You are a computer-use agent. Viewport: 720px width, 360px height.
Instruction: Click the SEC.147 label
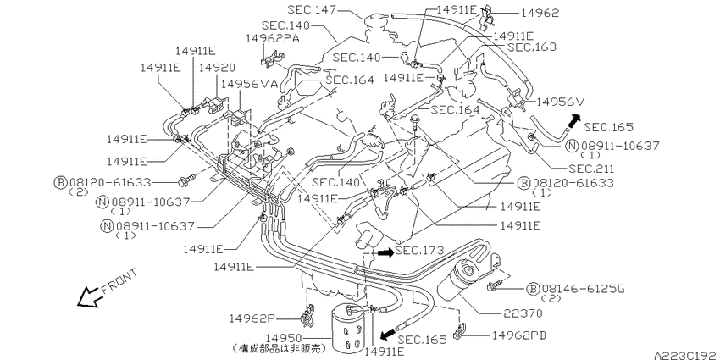click(x=313, y=9)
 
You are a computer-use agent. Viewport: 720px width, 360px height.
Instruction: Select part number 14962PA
click(x=272, y=38)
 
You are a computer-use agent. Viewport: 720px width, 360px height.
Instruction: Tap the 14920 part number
click(x=217, y=68)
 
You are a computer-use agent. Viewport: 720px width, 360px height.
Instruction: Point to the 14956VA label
click(x=249, y=84)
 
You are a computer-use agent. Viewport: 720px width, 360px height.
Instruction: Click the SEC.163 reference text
click(x=532, y=47)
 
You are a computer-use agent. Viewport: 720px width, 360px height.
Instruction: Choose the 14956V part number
click(x=560, y=102)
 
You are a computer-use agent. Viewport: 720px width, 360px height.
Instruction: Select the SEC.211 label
click(x=591, y=169)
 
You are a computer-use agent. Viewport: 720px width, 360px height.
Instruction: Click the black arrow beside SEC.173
click(x=385, y=252)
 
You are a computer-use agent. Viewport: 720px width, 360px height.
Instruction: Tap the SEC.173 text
click(x=419, y=251)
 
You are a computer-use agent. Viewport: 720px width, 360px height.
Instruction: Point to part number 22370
click(x=523, y=313)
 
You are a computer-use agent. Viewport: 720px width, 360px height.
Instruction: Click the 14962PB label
click(x=519, y=335)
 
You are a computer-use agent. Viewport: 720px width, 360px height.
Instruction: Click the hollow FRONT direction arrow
click(x=89, y=296)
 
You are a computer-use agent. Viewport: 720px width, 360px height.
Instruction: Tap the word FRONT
click(x=119, y=281)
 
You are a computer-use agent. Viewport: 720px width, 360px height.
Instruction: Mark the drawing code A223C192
click(x=686, y=356)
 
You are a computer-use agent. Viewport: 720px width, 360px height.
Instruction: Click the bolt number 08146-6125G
click(x=583, y=289)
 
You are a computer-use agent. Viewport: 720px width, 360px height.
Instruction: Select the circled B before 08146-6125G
click(x=533, y=289)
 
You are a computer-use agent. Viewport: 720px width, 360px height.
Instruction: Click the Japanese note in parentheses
click(x=279, y=348)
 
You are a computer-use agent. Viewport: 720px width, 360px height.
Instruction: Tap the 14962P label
click(x=252, y=318)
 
